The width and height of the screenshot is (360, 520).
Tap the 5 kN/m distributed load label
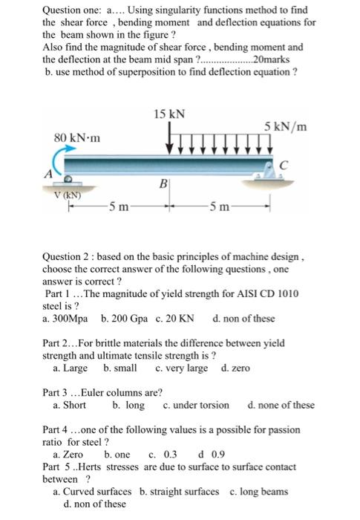[x=286, y=127]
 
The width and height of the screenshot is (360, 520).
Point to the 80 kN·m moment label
[x=78, y=138]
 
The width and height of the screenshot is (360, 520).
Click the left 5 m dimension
[x=119, y=205]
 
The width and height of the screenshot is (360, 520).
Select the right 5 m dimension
[x=221, y=205]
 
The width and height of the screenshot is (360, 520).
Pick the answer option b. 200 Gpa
[x=125, y=319]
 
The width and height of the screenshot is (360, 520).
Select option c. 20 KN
[x=175, y=319]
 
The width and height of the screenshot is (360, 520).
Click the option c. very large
[x=182, y=368]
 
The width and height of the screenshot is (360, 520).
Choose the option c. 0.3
[x=163, y=454]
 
